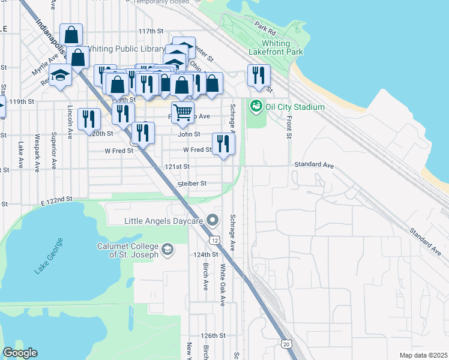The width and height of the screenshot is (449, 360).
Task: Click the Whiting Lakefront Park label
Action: click(282, 48)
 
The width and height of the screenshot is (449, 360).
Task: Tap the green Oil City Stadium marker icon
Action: click(256, 106)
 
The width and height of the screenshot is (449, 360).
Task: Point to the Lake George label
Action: click(48, 256)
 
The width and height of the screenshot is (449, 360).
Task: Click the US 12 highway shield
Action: click(214, 239)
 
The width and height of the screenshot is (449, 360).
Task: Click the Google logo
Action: click(20, 353)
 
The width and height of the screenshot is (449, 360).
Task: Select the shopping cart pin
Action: click(182, 111)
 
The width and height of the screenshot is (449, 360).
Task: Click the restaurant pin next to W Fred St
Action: click(223, 143)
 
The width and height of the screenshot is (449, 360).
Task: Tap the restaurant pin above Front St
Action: click(259, 75)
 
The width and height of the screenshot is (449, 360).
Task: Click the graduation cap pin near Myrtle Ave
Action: click(60, 75)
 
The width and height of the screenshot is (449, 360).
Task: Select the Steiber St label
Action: click(192, 183)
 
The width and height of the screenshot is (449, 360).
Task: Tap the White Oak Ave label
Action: click(222, 285)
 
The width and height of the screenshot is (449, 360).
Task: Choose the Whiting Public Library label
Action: click(126, 49)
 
